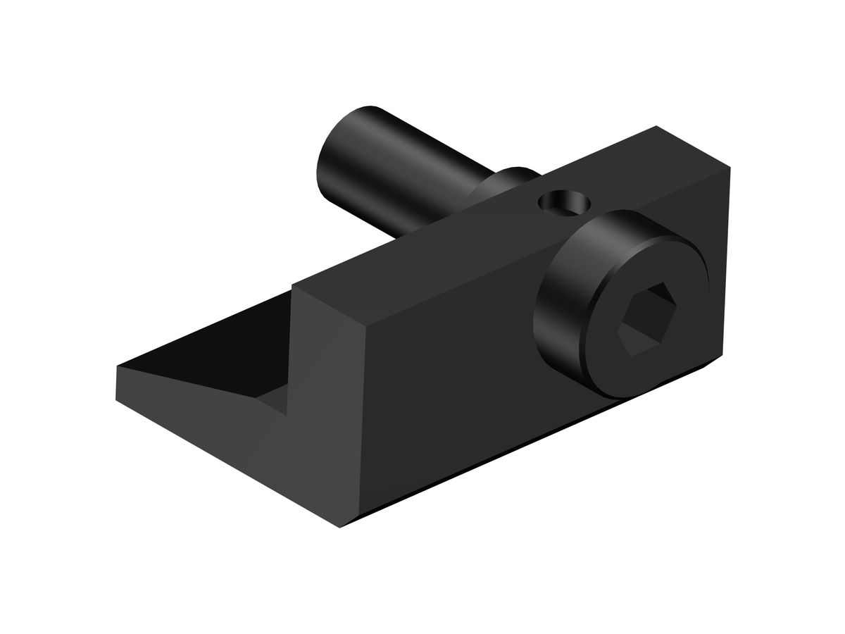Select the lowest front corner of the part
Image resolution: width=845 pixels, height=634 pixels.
point(341,528)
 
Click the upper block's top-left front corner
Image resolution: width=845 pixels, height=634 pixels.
point(292,285)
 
